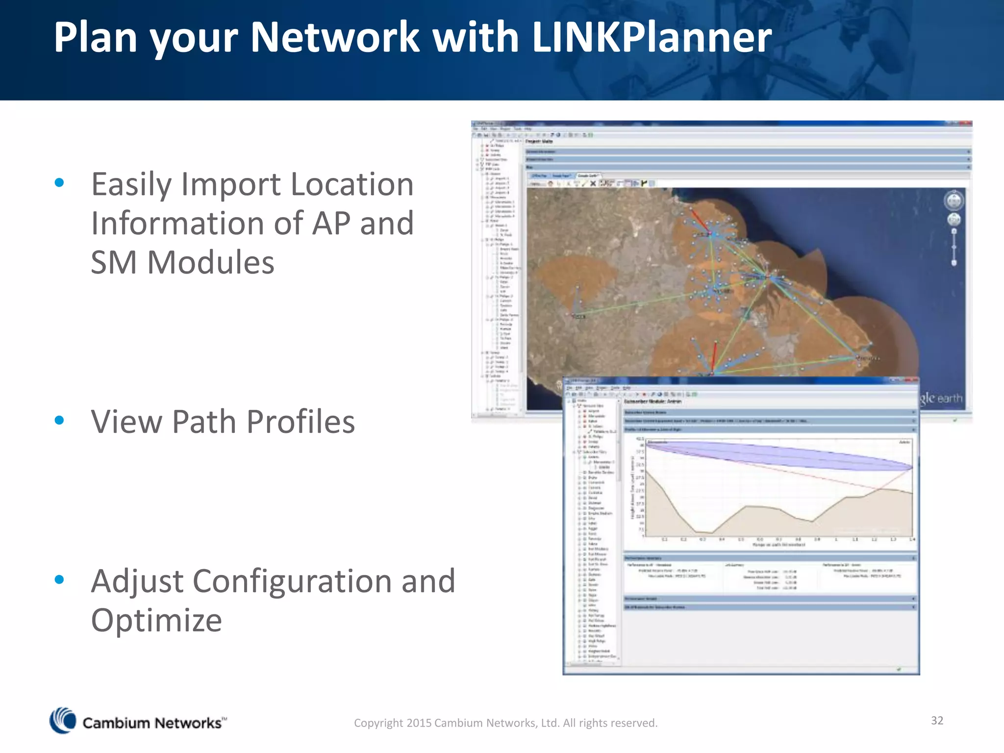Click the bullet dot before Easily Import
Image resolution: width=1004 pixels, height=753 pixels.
click(x=60, y=183)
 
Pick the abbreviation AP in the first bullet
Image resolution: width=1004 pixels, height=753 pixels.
click(x=331, y=224)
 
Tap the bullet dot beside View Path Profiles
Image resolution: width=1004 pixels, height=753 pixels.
click(x=60, y=420)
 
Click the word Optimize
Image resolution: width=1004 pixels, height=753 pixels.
click(x=156, y=621)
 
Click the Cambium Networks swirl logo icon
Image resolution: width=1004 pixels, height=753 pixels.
click(x=63, y=721)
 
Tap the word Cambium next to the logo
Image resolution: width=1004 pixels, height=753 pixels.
click(x=116, y=723)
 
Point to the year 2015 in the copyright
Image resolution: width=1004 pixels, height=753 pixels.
click(x=419, y=723)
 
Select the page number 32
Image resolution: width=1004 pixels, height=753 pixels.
click(x=937, y=720)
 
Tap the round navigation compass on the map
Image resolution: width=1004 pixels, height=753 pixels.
click(x=954, y=201)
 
